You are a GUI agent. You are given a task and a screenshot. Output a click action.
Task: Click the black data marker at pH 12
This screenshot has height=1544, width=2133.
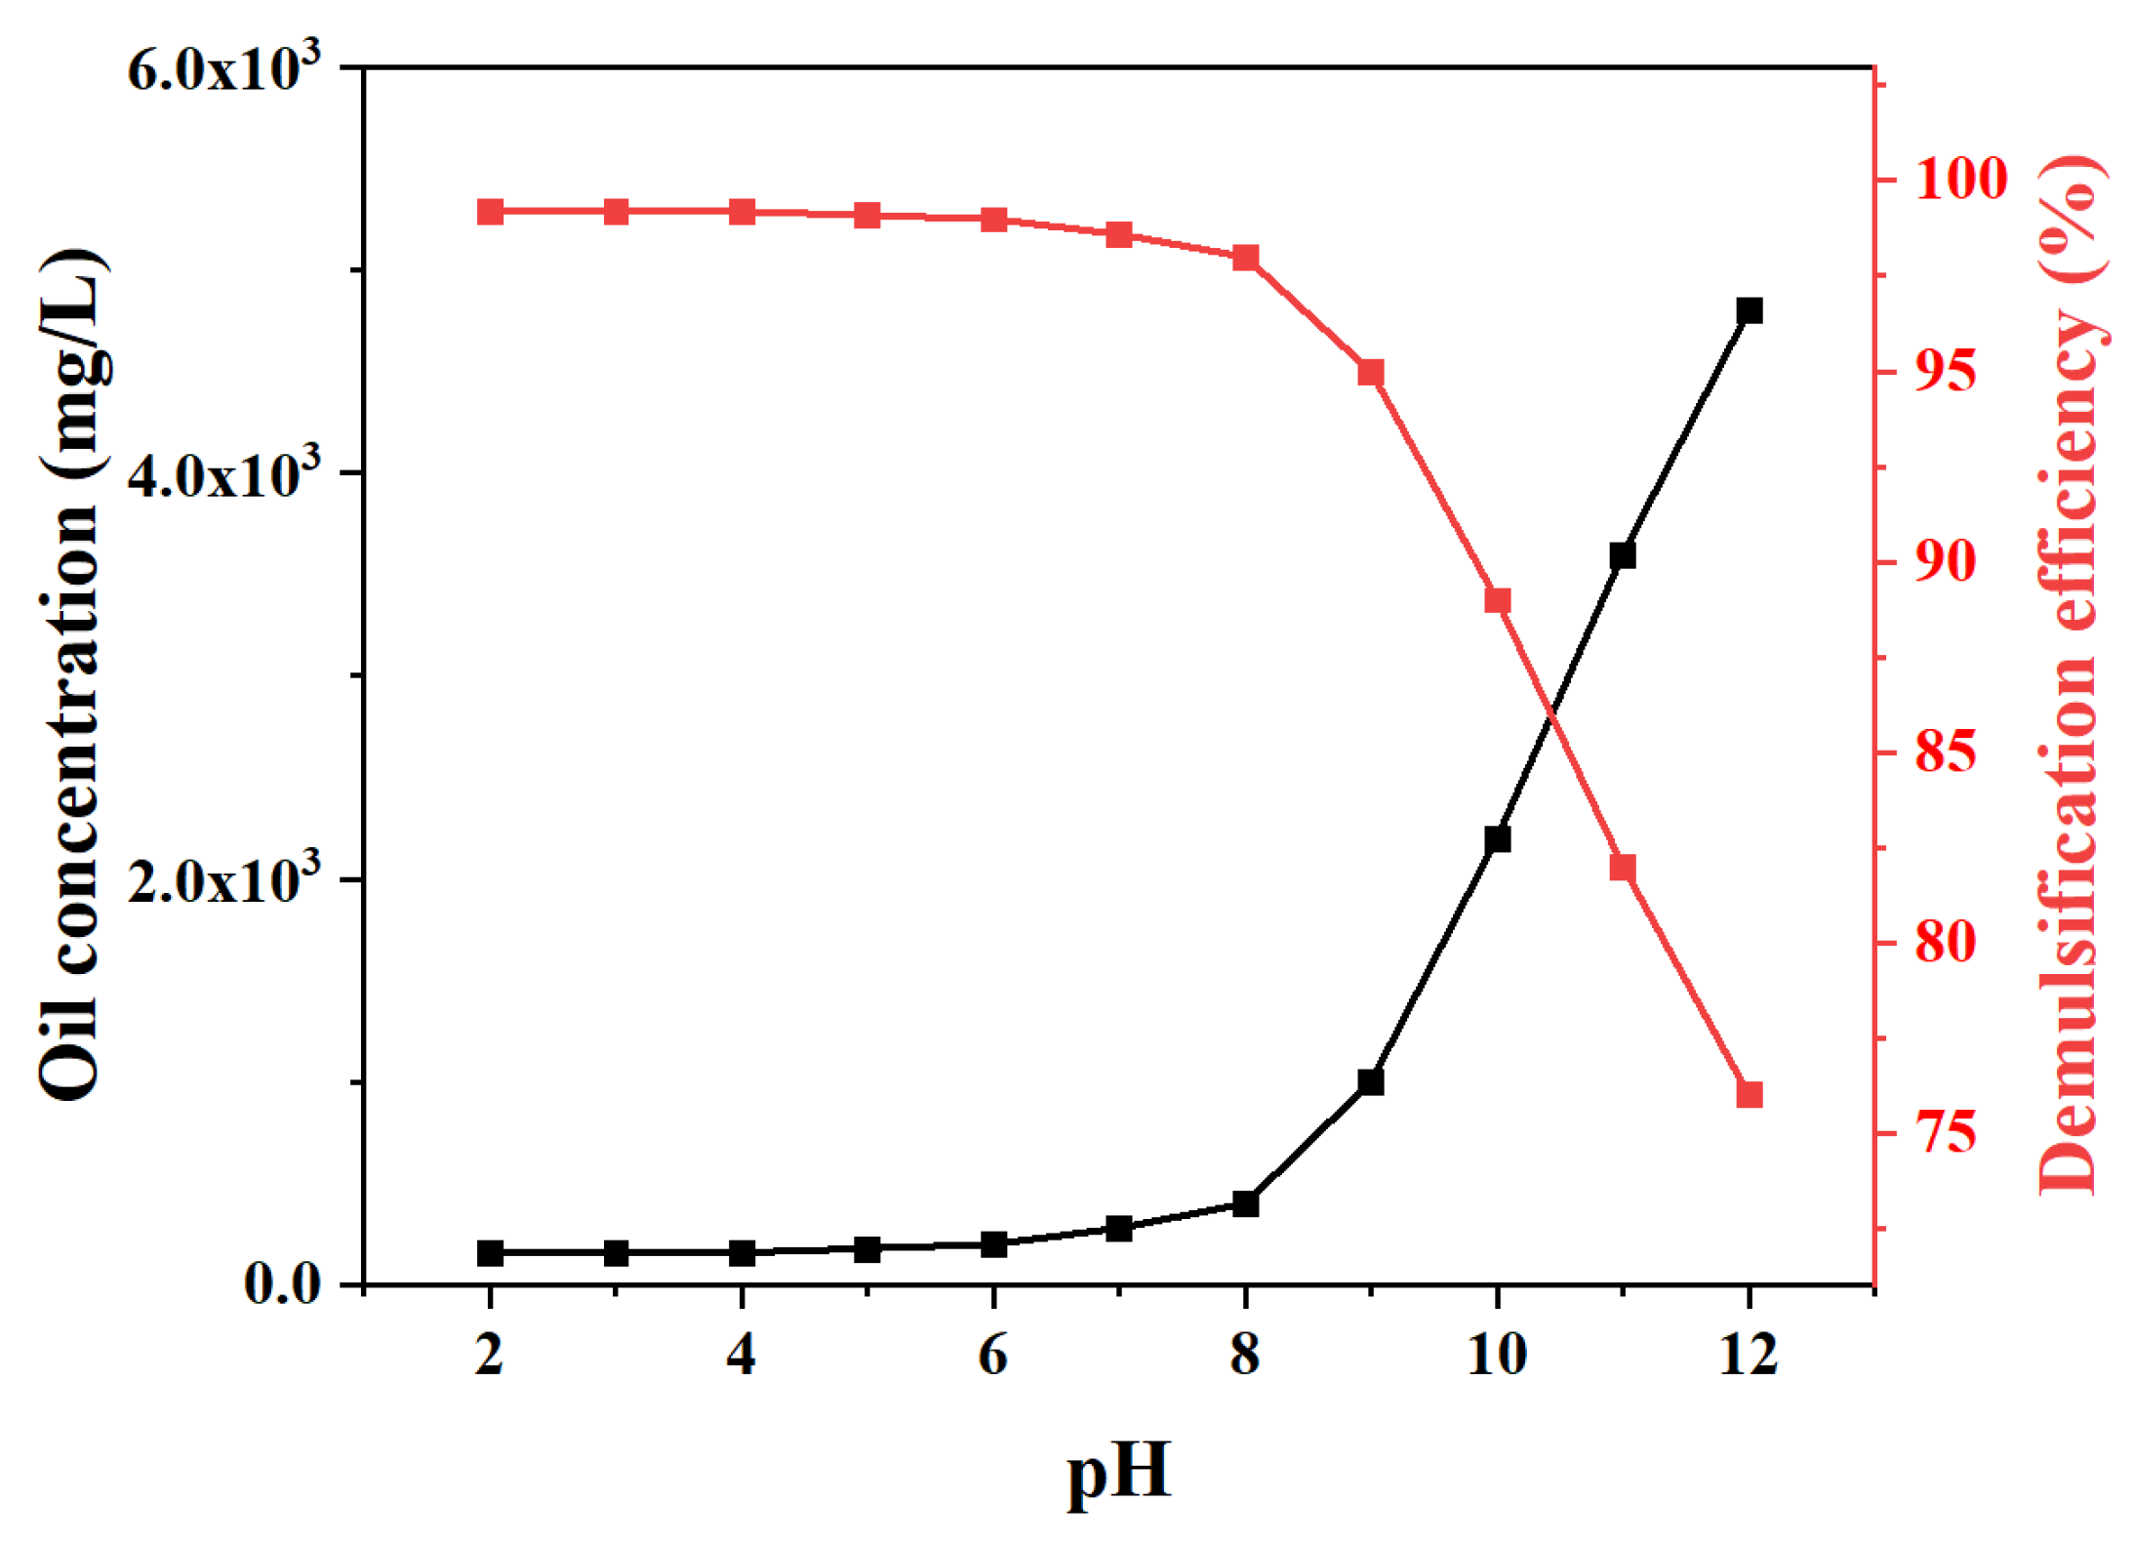point(1749,311)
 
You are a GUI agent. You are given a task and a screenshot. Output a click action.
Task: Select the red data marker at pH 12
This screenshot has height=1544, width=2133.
point(1749,1094)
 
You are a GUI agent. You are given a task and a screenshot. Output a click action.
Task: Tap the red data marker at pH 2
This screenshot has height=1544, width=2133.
point(490,212)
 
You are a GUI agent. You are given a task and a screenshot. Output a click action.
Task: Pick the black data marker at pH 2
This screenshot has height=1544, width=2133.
point(490,1253)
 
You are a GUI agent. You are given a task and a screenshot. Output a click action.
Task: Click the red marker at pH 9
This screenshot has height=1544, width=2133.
point(1371,372)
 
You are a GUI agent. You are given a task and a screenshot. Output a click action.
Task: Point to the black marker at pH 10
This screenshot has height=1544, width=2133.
point(1497,839)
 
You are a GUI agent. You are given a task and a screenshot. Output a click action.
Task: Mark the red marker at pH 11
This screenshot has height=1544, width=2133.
point(1623,868)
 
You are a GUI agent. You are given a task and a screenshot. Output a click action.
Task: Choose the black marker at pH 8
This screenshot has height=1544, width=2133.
point(1245,1204)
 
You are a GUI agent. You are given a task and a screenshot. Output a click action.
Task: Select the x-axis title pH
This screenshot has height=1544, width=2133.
point(1118,1471)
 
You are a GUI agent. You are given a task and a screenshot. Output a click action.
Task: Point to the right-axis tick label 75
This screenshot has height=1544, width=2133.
point(1946,1133)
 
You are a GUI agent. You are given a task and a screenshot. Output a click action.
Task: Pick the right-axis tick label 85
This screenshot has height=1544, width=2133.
point(1946,752)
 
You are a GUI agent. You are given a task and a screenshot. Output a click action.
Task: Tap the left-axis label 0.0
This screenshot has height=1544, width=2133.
point(283,1284)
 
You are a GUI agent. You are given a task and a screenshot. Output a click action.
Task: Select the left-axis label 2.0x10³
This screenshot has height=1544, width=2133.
point(223,879)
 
